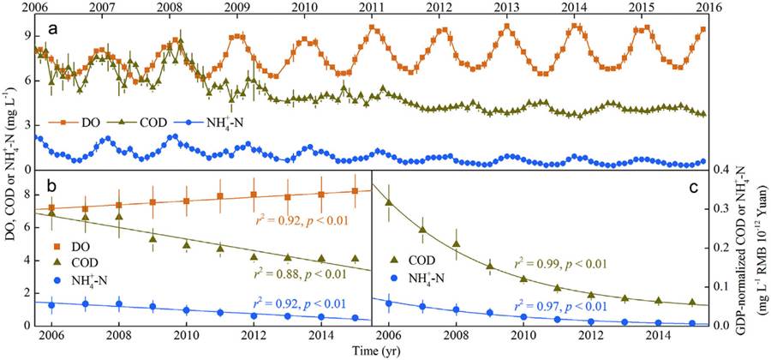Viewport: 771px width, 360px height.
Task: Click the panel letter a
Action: point(52,27)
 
